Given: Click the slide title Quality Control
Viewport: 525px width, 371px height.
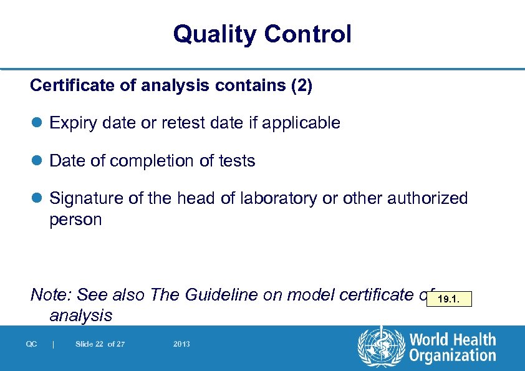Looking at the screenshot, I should [262, 34].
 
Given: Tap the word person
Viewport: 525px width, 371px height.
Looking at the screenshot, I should [75, 220].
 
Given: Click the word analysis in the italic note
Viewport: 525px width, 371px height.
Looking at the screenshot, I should [81, 316].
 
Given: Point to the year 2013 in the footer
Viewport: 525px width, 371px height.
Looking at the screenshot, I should [182, 344].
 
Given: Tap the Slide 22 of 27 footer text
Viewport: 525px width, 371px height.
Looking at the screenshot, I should [100, 344].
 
